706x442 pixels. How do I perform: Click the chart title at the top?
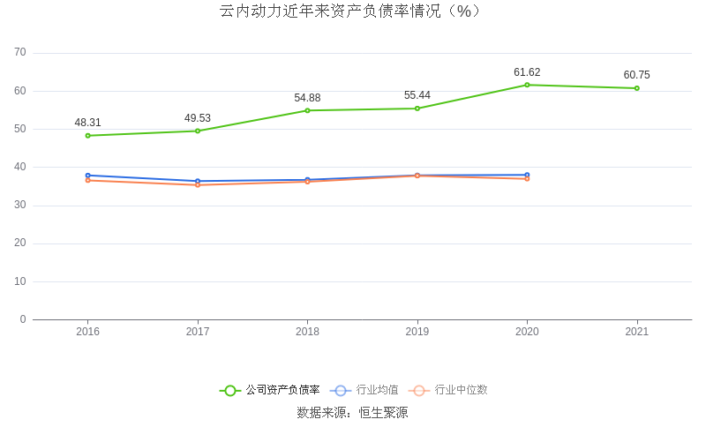click(x=352, y=11)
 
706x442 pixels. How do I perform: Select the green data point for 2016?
click(x=88, y=136)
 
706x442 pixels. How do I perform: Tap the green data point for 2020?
click(x=527, y=85)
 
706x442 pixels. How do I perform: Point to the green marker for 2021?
click(x=636, y=88)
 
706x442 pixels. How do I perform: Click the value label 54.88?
click(x=307, y=98)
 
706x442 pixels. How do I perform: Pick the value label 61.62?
click(x=527, y=72)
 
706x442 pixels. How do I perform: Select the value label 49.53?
click(x=198, y=118)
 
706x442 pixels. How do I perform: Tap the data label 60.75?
click(x=636, y=75)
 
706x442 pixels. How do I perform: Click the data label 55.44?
click(x=417, y=95)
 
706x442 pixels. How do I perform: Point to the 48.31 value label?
click(x=88, y=123)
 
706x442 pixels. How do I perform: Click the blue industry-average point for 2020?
click(x=527, y=175)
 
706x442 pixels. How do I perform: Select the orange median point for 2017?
click(x=198, y=184)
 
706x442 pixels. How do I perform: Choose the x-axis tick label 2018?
click(x=307, y=332)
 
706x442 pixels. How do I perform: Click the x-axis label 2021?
click(x=636, y=332)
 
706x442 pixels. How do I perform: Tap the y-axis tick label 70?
click(x=20, y=53)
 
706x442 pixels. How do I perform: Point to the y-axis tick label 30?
click(x=20, y=206)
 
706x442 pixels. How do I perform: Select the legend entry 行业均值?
click(x=364, y=390)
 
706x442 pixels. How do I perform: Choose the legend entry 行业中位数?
click(x=449, y=390)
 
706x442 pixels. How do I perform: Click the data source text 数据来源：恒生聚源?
click(x=352, y=412)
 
